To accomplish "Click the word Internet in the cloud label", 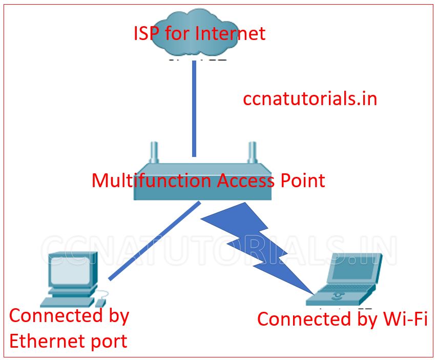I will pyautogui.click(x=231, y=33).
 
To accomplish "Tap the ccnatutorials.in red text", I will pyautogui.click(x=310, y=98).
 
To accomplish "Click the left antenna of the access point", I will pyautogui.click(x=152, y=152).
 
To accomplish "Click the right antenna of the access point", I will pyautogui.click(x=252, y=152).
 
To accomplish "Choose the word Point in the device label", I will pyautogui.click(x=303, y=181).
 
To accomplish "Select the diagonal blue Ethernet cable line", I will pyautogui.click(x=154, y=241).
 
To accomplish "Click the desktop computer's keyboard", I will pyautogui.click(x=69, y=303).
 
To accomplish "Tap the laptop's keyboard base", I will pyautogui.click(x=336, y=297).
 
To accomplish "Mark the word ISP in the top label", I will pyautogui.click(x=149, y=33).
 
